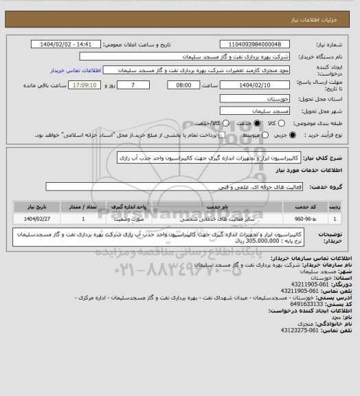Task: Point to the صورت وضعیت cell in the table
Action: [x=146, y=219]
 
